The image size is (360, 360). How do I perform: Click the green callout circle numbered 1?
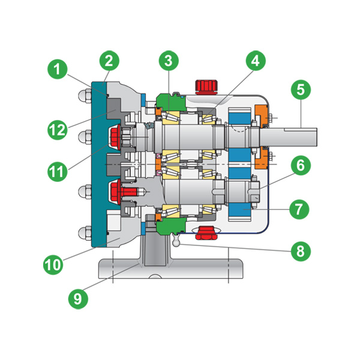(57, 69)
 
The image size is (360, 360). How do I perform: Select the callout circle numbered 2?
(109, 61)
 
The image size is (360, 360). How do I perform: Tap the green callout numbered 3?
(169, 61)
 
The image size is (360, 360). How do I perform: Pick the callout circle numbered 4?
(256, 61)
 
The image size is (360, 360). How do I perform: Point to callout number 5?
(301, 90)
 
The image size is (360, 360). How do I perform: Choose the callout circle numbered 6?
(301, 166)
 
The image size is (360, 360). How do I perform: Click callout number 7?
(299, 209)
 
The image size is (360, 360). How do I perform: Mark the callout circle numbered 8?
(301, 251)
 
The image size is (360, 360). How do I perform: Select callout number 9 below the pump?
(78, 299)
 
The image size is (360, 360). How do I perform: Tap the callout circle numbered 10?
(53, 265)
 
